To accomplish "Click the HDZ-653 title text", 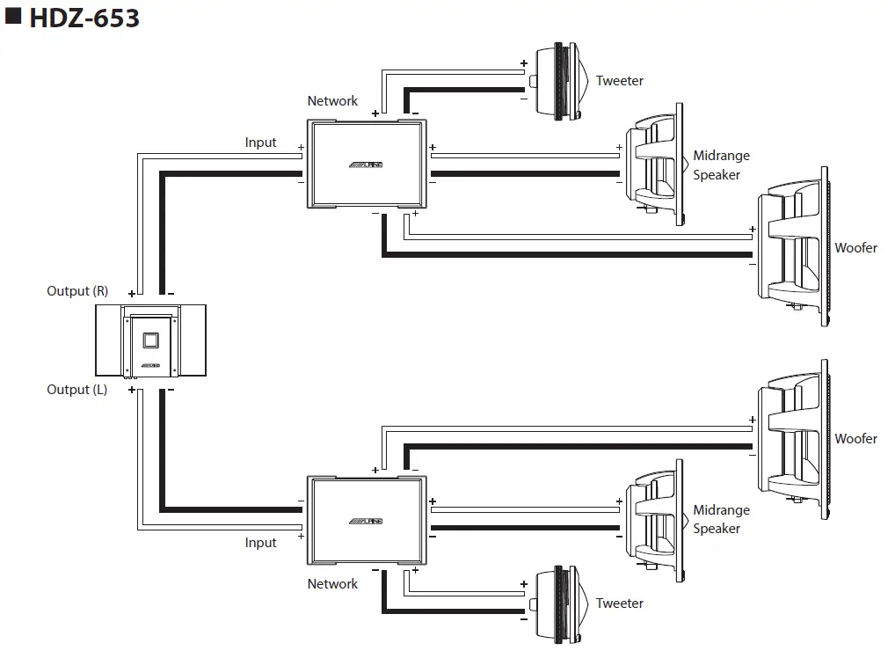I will (84, 18).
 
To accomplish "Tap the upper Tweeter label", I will (619, 81).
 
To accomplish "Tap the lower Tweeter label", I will (619, 603).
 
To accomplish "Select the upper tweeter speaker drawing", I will (559, 81).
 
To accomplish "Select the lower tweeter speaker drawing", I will (559, 603).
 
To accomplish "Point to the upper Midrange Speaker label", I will (721, 165).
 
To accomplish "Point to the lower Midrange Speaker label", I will (721, 519).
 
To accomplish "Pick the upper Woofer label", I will (855, 248).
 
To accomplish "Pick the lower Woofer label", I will (855, 439).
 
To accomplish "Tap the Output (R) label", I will (77, 291).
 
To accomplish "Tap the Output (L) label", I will (77, 390).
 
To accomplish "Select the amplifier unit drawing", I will (150, 340).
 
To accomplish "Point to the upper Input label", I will (260, 143).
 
